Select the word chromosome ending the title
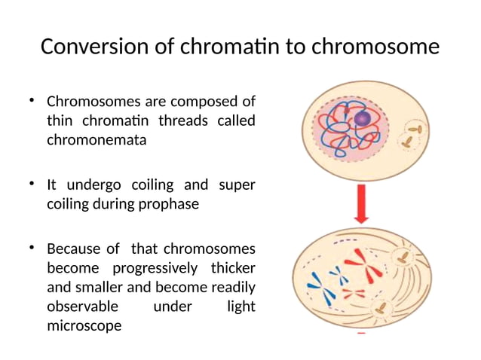click(375, 47)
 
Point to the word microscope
click(84, 326)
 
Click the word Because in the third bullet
click(74, 249)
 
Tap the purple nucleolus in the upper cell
click(363, 118)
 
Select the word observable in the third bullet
click(82, 307)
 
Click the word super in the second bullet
click(237, 185)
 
